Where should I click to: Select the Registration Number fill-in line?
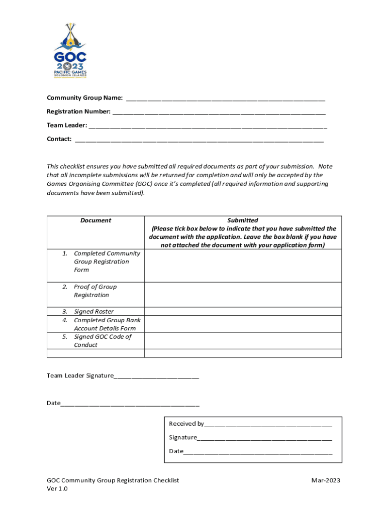pos(219,112)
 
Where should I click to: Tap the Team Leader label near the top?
pos(67,125)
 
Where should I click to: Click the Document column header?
pos(95,220)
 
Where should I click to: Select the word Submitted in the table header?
pos(243,220)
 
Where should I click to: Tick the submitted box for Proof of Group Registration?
pos(243,295)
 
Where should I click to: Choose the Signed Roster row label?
pos(93,312)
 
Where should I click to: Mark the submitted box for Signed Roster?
pos(243,312)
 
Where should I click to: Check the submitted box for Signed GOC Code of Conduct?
pos(243,341)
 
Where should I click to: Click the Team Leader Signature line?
pos(156,376)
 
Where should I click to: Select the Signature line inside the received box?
pos(264,438)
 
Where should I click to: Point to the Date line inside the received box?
pos(258,451)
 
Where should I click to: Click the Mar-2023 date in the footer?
pos(326,481)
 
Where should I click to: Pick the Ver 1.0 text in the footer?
pos(57,489)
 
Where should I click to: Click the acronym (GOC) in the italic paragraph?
pos(143,184)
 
